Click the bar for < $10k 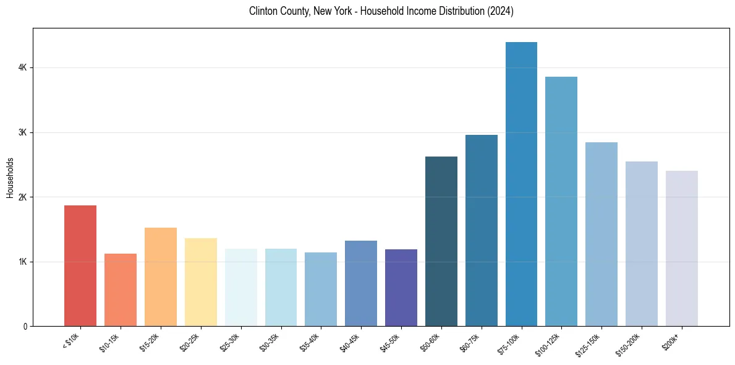(x=80, y=266)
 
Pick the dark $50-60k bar (x=441, y=241)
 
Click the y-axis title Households (x=11, y=178)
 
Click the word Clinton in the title (x=262, y=11)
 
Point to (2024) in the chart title (x=500, y=11)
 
